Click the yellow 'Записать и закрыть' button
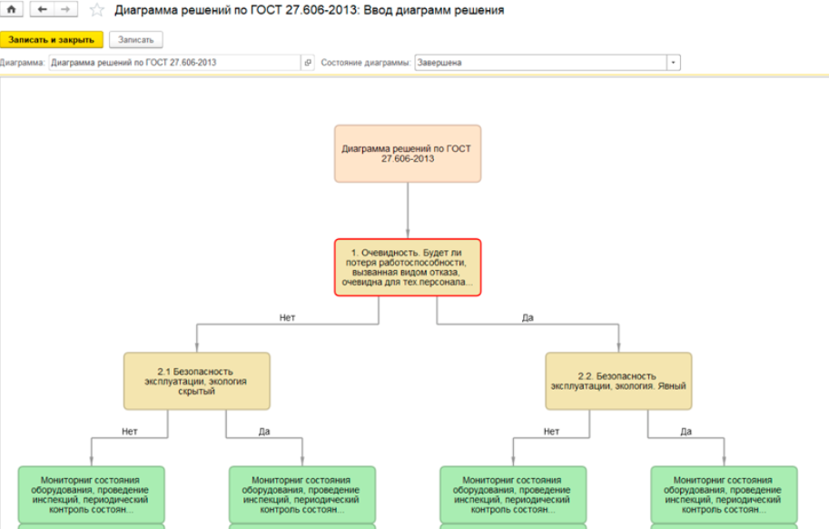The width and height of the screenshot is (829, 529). tap(51, 40)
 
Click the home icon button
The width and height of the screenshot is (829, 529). tap(11, 9)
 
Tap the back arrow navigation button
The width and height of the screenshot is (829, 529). tap(43, 9)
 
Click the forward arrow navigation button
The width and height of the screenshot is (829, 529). tap(65, 9)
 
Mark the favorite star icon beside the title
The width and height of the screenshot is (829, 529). tap(97, 10)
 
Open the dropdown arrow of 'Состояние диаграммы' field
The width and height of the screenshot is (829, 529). tap(673, 63)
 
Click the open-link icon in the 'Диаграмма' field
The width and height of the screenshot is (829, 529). tap(308, 63)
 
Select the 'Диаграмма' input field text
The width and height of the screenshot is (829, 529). tap(133, 63)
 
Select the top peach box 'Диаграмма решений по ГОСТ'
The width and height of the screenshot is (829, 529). tap(408, 154)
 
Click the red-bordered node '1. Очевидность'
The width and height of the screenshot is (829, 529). tap(408, 267)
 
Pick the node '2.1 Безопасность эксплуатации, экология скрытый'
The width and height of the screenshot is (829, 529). tap(197, 382)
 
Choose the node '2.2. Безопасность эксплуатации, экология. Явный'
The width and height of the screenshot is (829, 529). tap(618, 382)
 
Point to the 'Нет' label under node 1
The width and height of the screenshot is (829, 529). tap(287, 317)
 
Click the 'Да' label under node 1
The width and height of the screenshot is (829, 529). tap(528, 317)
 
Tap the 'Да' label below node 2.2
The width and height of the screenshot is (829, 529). tap(686, 431)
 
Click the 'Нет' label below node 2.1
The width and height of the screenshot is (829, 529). tap(130, 431)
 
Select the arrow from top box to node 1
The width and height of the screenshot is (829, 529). tap(408, 211)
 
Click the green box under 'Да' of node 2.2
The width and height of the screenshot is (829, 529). tap(724, 494)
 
